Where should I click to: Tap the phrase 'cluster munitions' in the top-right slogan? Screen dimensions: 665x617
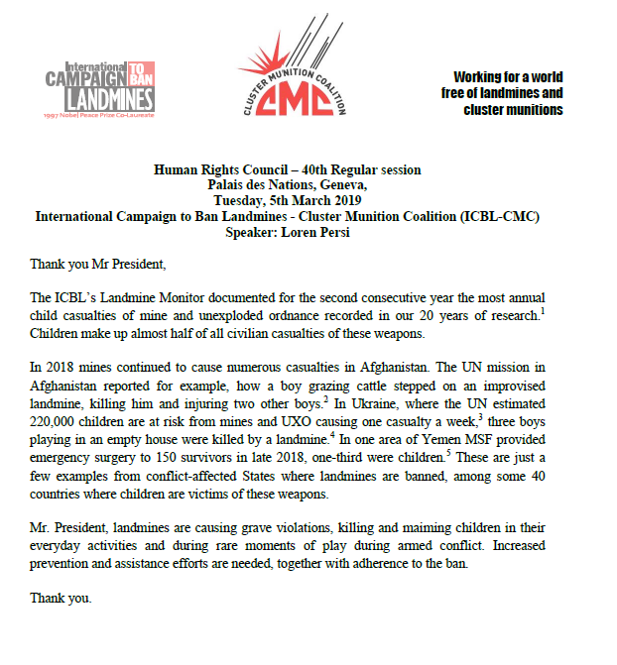coord(513,109)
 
